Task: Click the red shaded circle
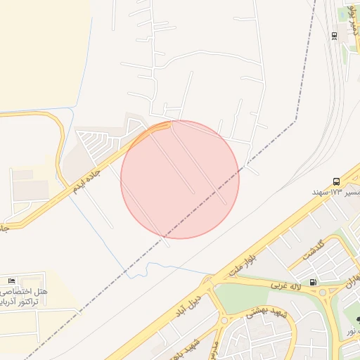click(x=180, y=179)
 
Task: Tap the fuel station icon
click(x=312, y=283)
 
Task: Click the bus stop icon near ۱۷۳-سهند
click(x=336, y=181)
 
